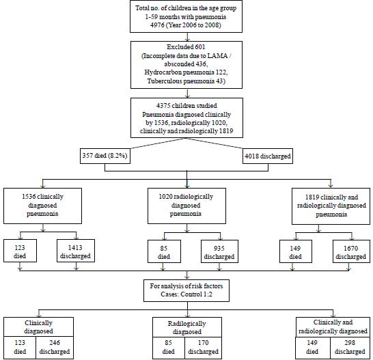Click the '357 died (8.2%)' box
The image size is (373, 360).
coord(105,156)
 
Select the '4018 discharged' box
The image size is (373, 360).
coord(268,156)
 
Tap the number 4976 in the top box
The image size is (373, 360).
coord(157,25)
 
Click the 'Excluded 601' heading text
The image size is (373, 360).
coord(186,47)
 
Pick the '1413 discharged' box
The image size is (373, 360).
coord(76,251)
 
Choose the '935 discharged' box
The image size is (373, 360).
coord(219,251)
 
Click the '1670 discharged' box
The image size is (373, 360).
coord(351,251)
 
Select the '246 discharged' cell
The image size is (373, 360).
coord(55,348)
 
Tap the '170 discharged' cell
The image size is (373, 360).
coord(203,348)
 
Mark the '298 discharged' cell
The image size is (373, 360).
coord(350,348)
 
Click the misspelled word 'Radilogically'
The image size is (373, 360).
coord(186,324)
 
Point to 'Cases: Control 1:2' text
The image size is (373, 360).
coord(186,294)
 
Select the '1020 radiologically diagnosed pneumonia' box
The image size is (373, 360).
coord(186,206)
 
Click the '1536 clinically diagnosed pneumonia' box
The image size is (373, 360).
coord(42,206)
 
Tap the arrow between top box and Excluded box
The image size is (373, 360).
coord(187,37)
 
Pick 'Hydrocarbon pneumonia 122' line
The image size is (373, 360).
coord(186,72)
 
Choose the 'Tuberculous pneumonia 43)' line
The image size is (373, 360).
coord(186,81)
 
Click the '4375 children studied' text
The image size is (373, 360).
coord(186,106)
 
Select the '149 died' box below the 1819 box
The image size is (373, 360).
coord(296,251)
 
